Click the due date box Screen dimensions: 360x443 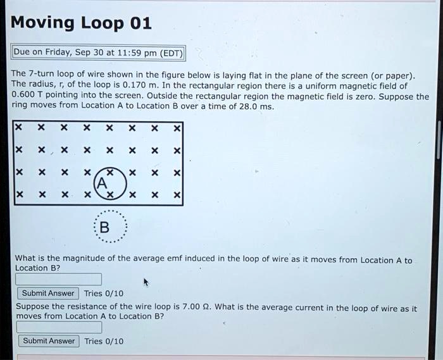click(99, 53)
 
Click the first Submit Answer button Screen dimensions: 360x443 click(48, 294)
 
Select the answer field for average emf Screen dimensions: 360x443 click(59, 279)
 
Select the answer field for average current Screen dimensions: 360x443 click(59, 327)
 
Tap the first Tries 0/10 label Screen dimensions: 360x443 click(104, 294)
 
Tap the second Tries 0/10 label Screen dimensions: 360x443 click(104, 342)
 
